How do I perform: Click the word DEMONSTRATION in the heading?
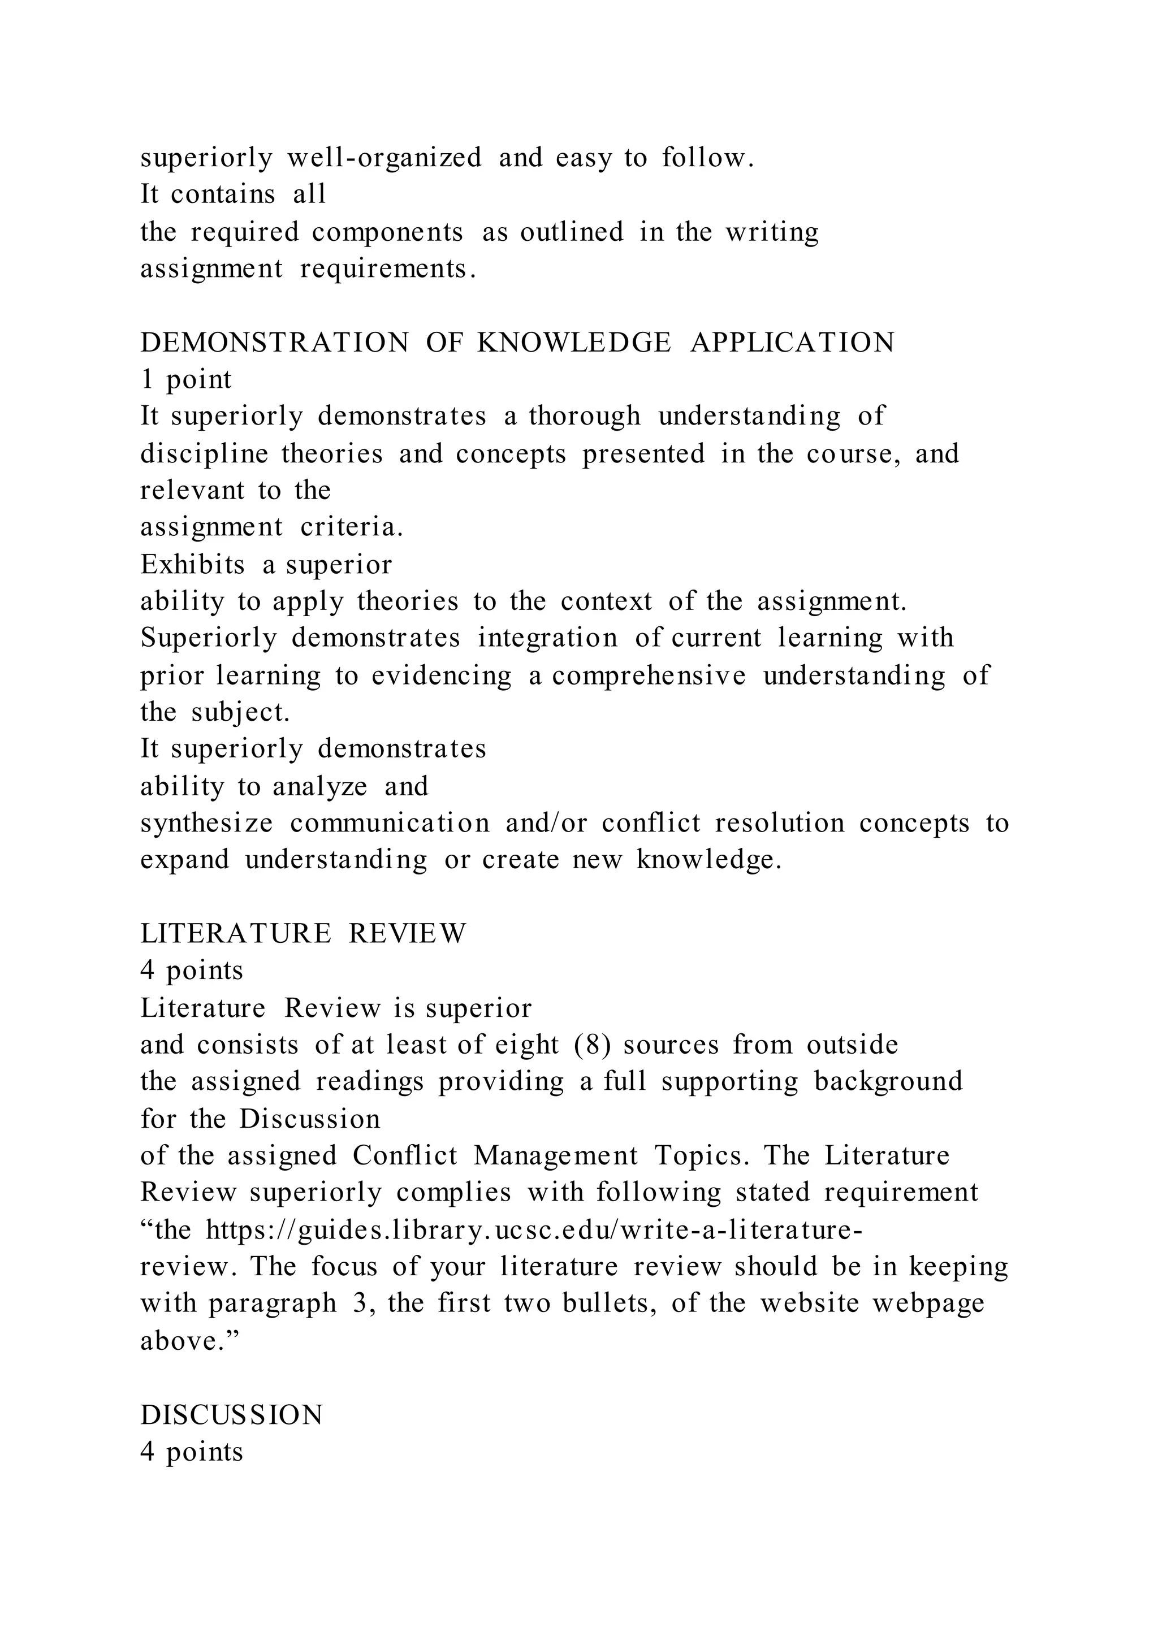[275, 343]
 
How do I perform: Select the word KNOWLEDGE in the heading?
[574, 343]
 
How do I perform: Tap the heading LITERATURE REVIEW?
[303, 933]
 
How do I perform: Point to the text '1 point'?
[186, 380]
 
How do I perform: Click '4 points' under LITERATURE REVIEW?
[192, 971]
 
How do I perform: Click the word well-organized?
[384, 158]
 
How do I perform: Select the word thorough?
[585, 417]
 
